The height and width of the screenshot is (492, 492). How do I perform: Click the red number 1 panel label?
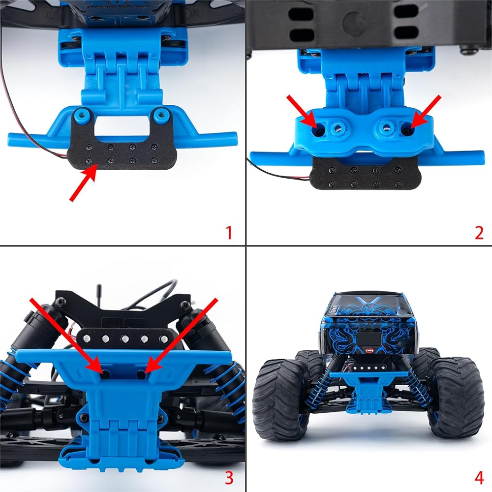[x=229, y=233]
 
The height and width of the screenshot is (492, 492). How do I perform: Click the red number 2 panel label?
[x=479, y=233]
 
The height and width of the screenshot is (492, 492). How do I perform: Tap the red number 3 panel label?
[x=229, y=478]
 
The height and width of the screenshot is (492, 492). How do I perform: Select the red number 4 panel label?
[x=479, y=478]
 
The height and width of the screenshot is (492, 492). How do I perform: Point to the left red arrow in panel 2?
[x=302, y=112]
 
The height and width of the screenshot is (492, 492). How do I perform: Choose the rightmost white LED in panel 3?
[x=163, y=339]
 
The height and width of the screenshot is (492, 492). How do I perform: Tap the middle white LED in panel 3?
[x=125, y=339]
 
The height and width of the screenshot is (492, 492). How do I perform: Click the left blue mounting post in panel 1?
[x=82, y=114]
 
